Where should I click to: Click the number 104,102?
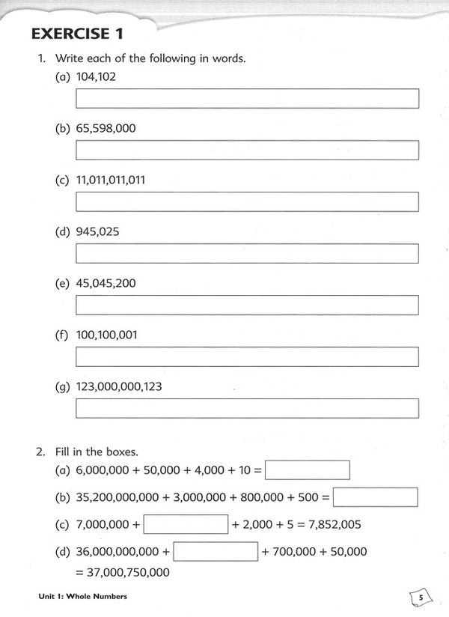coord(96,76)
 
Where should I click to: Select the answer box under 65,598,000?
coord(247,150)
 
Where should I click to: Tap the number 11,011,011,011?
coord(112,180)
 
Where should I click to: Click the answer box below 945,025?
coord(247,253)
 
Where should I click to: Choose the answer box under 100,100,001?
coord(247,356)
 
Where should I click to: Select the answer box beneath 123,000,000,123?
coord(247,408)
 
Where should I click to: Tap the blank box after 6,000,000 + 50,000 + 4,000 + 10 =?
coord(308,470)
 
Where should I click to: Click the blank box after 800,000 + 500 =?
coord(375,497)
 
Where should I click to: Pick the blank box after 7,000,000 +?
coord(185,524)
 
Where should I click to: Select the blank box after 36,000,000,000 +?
coord(216,552)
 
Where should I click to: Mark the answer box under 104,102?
coord(247,98)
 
